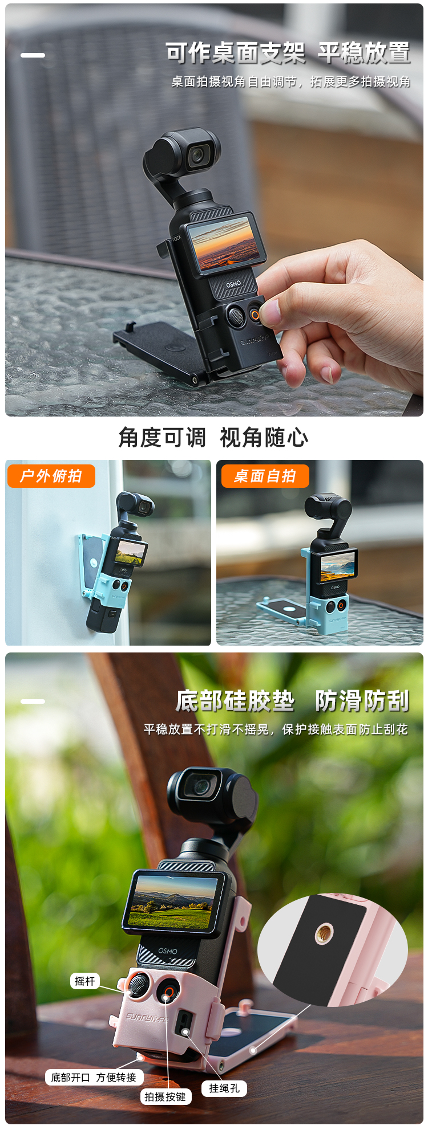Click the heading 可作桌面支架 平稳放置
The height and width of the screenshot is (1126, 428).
pyautogui.click(x=288, y=53)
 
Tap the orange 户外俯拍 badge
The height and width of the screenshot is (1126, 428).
pyautogui.click(x=51, y=476)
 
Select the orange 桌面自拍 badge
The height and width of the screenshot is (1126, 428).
pyautogui.click(x=265, y=476)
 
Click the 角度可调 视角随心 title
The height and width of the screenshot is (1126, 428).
pyautogui.click(x=213, y=438)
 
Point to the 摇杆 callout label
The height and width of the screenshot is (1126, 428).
pyautogui.click(x=85, y=981)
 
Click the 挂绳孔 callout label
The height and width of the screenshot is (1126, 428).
pyautogui.click(x=224, y=1088)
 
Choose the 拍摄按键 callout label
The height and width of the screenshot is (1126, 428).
pyautogui.click(x=165, y=1097)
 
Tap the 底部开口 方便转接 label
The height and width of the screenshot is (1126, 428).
pyautogui.click(x=94, y=1077)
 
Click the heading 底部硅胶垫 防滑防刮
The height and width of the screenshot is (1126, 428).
pyautogui.click(x=292, y=701)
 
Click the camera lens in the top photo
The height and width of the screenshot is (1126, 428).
pyautogui.click(x=199, y=154)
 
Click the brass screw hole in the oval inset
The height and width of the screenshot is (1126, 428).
pyautogui.click(x=324, y=933)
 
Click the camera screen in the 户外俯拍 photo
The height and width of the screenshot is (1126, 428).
pyautogui.click(x=131, y=552)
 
